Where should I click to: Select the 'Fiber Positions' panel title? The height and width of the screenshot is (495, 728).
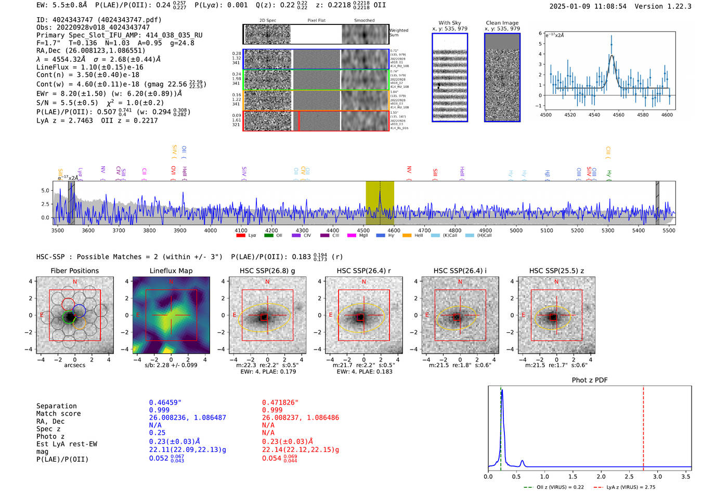click(74, 271)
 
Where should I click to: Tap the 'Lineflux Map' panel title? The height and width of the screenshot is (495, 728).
click(171, 271)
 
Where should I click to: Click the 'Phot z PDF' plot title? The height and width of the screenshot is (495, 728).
click(589, 380)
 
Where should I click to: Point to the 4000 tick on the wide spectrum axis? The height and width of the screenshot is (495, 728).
click(211, 230)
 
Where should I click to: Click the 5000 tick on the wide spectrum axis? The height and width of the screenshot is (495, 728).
click(516, 230)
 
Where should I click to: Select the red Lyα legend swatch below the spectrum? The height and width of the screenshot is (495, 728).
click(241, 235)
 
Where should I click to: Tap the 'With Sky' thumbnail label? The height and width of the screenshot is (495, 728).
click(449, 23)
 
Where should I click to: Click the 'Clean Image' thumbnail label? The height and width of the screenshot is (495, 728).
click(502, 23)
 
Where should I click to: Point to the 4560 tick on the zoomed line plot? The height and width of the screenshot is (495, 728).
click(618, 115)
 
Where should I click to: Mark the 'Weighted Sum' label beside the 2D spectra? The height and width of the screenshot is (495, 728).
click(398, 33)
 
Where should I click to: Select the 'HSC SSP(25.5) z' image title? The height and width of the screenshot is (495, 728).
click(556, 271)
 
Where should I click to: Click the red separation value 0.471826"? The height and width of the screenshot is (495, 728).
click(280, 403)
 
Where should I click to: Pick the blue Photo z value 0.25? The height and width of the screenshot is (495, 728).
click(157, 433)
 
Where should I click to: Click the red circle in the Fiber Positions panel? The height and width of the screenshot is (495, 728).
click(68, 304)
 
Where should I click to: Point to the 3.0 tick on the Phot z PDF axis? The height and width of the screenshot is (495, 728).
click(658, 476)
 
